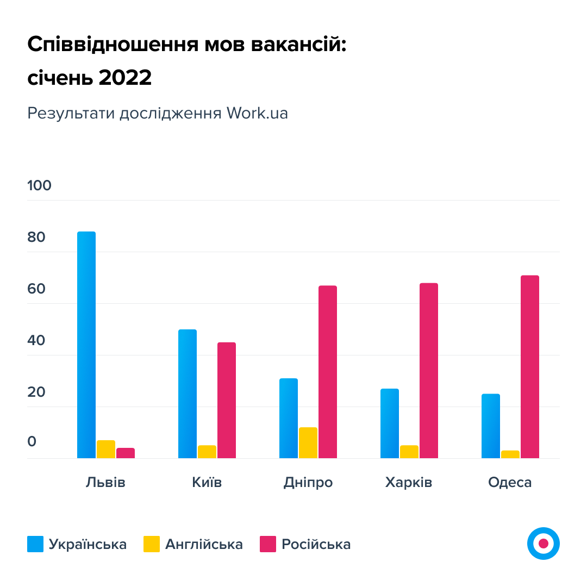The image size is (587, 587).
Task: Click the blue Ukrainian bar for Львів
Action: [x=86, y=345]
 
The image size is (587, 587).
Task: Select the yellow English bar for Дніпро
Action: [x=308, y=442]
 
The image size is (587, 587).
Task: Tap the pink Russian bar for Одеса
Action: [x=530, y=366]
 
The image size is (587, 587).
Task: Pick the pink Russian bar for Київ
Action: [x=227, y=400]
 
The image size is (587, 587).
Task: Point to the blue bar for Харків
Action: [x=390, y=423]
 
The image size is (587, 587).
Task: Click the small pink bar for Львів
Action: [x=126, y=453]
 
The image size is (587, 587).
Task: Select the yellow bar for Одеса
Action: [x=510, y=454]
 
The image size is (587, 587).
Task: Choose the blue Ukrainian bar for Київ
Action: [x=188, y=394]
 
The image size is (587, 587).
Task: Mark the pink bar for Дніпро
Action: [x=328, y=372]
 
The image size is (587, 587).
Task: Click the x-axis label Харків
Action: [x=409, y=483]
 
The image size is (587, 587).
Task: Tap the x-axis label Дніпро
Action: [x=308, y=483]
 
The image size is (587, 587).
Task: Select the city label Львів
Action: [x=105, y=483]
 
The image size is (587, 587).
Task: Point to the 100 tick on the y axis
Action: [x=39, y=185]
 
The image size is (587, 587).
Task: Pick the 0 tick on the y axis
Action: [x=32, y=441]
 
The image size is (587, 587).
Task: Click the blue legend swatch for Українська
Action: [x=35, y=544]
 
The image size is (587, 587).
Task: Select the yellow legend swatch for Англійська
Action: [x=152, y=544]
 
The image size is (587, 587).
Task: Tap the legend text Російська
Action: [x=316, y=544]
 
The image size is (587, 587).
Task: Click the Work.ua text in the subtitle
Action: [x=257, y=113]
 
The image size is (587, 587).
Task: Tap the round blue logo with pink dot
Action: [x=543, y=543]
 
